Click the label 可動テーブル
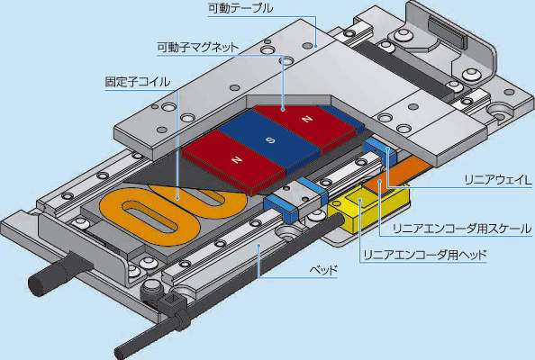[x=240, y=8]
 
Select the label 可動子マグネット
[x=198, y=47]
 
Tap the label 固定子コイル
[x=138, y=82]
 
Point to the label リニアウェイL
[x=498, y=180]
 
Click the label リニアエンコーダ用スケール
[x=462, y=229]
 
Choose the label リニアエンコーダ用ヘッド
[x=425, y=256]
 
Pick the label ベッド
[x=323, y=270]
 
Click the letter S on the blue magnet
[x=270, y=140]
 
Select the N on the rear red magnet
[x=307, y=119]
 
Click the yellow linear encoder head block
[x=368, y=208]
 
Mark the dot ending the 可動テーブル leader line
[x=316, y=45]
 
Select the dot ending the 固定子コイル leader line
[x=177, y=198]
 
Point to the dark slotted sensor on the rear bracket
[x=447, y=33]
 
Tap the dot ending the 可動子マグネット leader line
[x=283, y=110]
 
